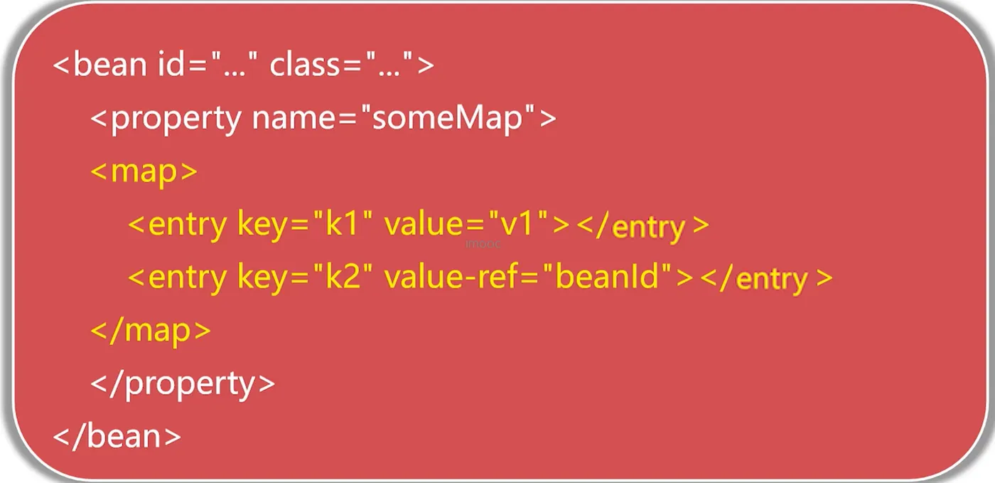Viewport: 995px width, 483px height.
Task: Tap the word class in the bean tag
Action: click(x=305, y=65)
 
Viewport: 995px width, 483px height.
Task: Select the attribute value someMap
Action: click(x=447, y=118)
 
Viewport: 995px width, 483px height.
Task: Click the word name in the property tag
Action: click(x=294, y=120)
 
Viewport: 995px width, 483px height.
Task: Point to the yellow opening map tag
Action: click(x=144, y=171)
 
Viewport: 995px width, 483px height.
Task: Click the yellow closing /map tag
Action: click(x=151, y=331)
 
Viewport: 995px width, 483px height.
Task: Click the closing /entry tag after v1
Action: click(x=642, y=226)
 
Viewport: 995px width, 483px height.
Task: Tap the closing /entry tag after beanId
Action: click(x=767, y=278)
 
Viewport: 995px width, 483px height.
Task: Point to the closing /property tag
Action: click(x=183, y=384)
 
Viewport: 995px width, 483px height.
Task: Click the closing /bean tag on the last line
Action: click(x=117, y=436)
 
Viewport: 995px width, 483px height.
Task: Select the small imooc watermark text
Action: click(x=483, y=244)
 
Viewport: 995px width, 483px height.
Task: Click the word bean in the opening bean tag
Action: click(x=110, y=65)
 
